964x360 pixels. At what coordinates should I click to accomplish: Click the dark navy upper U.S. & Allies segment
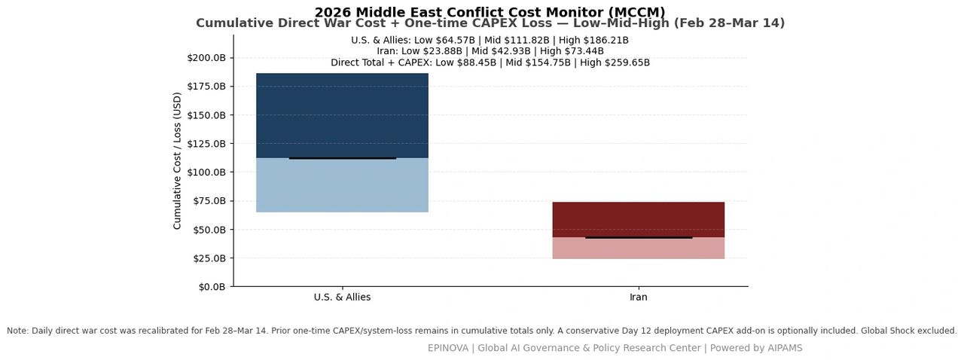pos(342,115)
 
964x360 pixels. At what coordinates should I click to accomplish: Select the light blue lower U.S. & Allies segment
pos(342,185)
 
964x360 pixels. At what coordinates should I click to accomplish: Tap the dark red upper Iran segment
pos(638,220)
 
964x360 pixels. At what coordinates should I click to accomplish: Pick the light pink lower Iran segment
pos(638,248)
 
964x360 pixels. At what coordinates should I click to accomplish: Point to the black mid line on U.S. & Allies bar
pos(342,158)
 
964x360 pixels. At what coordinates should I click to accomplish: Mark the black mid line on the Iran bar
pos(639,238)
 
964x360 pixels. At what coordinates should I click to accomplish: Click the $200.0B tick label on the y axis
pos(206,58)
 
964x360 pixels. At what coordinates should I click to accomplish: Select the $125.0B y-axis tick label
pos(206,143)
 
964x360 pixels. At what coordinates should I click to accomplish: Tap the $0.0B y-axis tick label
pos(212,287)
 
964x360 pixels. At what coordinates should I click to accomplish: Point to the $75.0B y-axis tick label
pos(209,200)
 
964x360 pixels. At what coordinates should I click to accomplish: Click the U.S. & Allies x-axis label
pos(342,297)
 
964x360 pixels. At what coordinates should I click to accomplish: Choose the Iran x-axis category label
pos(638,297)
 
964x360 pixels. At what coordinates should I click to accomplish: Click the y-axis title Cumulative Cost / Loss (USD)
pos(177,160)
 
